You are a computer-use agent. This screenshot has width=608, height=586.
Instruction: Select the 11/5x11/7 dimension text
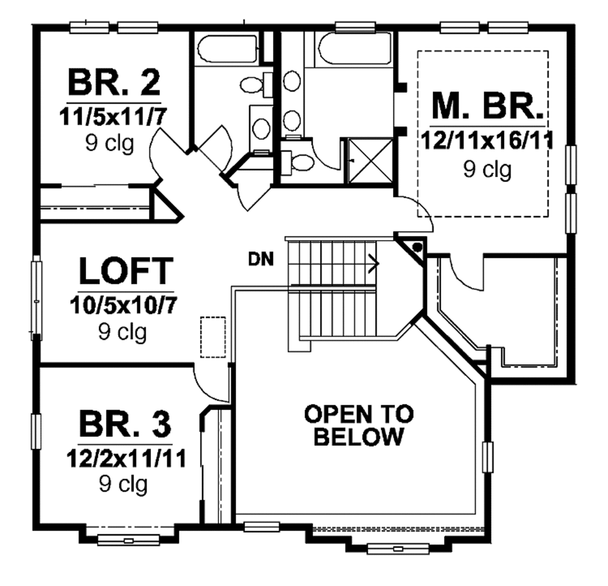pos(113,116)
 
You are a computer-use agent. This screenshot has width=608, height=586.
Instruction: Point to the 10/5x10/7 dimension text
pos(123,304)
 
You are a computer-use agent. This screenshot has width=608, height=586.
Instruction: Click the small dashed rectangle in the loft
pos(213,337)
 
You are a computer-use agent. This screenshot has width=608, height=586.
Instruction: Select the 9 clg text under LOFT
pos(122,332)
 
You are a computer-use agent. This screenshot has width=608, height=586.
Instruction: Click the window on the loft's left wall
pos(36,297)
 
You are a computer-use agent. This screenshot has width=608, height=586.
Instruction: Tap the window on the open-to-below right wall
pos(489,458)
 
